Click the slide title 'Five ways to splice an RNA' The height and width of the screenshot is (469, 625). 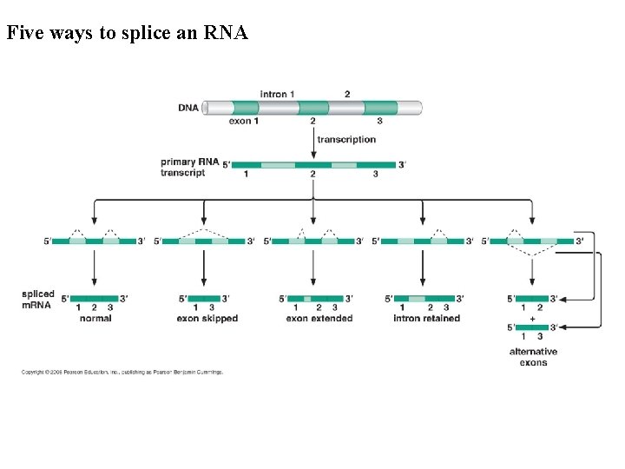tap(127, 34)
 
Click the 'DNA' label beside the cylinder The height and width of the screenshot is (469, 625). tap(188, 108)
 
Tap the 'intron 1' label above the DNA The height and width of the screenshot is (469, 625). tap(278, 94)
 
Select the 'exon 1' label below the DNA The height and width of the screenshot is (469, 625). tap(244, 122)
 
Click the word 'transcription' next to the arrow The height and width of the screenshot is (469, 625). tap(346, 139)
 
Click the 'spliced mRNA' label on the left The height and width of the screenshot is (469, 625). tap(38, 300)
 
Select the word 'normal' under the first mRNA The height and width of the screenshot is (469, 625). tap(95, 319)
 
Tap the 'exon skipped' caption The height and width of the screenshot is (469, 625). tap(207, 319)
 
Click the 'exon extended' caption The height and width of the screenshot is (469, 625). tap(319, 319)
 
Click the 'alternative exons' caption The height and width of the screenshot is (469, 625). tap(533, 357)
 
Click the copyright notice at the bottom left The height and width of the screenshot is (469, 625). tap(122, 372)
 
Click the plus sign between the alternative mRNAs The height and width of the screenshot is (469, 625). tap(532, 318)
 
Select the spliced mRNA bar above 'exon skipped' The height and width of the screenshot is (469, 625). tap(203, 298)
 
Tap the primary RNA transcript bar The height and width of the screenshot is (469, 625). tap(312, 164)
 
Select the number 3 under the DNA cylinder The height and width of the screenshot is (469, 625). tap(379, 122)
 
